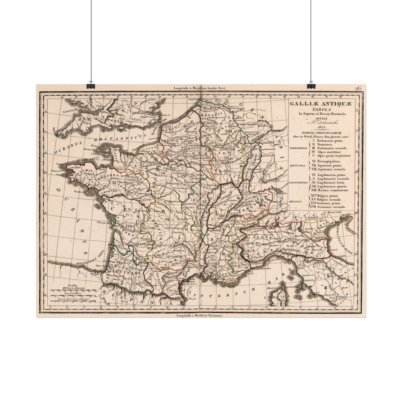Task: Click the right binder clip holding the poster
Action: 310,85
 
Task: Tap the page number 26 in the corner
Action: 358,89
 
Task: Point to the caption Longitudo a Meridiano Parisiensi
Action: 200,315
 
